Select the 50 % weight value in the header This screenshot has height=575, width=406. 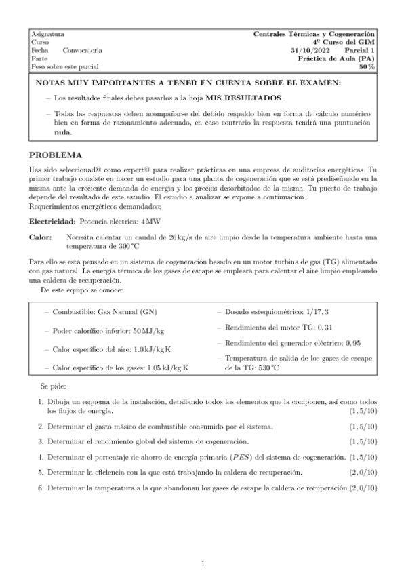tap(367, 67)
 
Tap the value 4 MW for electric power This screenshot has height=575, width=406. tap(151, 222)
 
